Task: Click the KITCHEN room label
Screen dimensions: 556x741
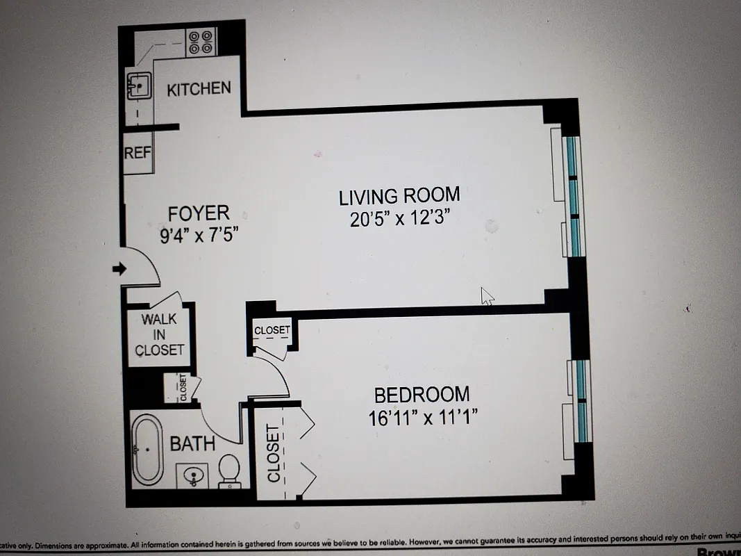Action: point(199,89)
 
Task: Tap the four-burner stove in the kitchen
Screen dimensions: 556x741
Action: point(201,42)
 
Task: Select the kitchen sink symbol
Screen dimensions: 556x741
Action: point(139,86)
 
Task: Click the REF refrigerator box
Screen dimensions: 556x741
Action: point(138,152)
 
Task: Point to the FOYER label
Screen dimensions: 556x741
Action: point(199,212)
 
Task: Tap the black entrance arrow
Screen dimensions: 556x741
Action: point(119,269)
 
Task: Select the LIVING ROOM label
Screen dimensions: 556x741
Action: point(399,196)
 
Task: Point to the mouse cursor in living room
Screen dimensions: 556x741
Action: point(487,296)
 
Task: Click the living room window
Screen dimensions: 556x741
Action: point(572,195)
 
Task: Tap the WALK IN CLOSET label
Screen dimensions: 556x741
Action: point(159,334)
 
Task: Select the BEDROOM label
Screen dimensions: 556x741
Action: point(422,395)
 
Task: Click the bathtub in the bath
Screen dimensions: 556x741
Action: point(147,449)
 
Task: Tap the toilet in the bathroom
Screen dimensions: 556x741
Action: point(229,471)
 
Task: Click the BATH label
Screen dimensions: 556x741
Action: point(192,443)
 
